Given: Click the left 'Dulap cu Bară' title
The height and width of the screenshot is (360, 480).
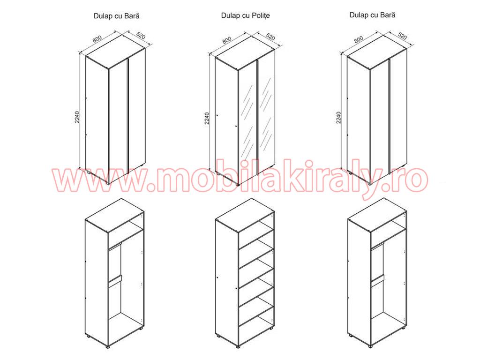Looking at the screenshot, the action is pos(116,16).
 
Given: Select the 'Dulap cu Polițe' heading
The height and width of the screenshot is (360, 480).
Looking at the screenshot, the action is pos(246,15).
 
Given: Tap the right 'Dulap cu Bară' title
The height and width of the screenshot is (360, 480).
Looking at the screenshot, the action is pos(372,15).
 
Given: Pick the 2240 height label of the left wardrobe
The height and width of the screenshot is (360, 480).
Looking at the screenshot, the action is pos(77,117).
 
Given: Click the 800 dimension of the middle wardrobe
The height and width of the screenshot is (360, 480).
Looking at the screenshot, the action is pos(227,39).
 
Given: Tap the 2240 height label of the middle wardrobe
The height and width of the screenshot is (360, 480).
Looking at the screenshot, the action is pos(207,118).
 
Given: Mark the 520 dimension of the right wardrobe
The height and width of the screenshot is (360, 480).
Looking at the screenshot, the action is pos(402,36).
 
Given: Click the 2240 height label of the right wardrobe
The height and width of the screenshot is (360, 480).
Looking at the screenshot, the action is pos(338,118).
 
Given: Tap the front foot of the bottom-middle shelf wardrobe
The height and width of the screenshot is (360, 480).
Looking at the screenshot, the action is pos(238,348).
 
